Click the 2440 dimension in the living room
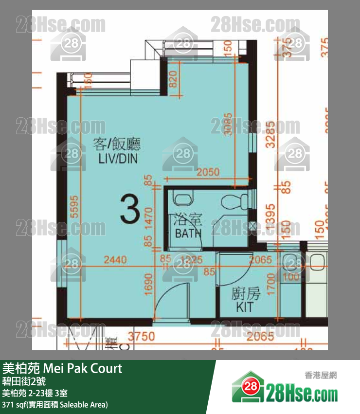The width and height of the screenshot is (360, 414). click(x=115, y=260)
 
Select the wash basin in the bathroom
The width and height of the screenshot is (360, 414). click(x=183, y=199)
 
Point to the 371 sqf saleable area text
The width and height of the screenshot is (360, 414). click(x=54, y=404)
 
